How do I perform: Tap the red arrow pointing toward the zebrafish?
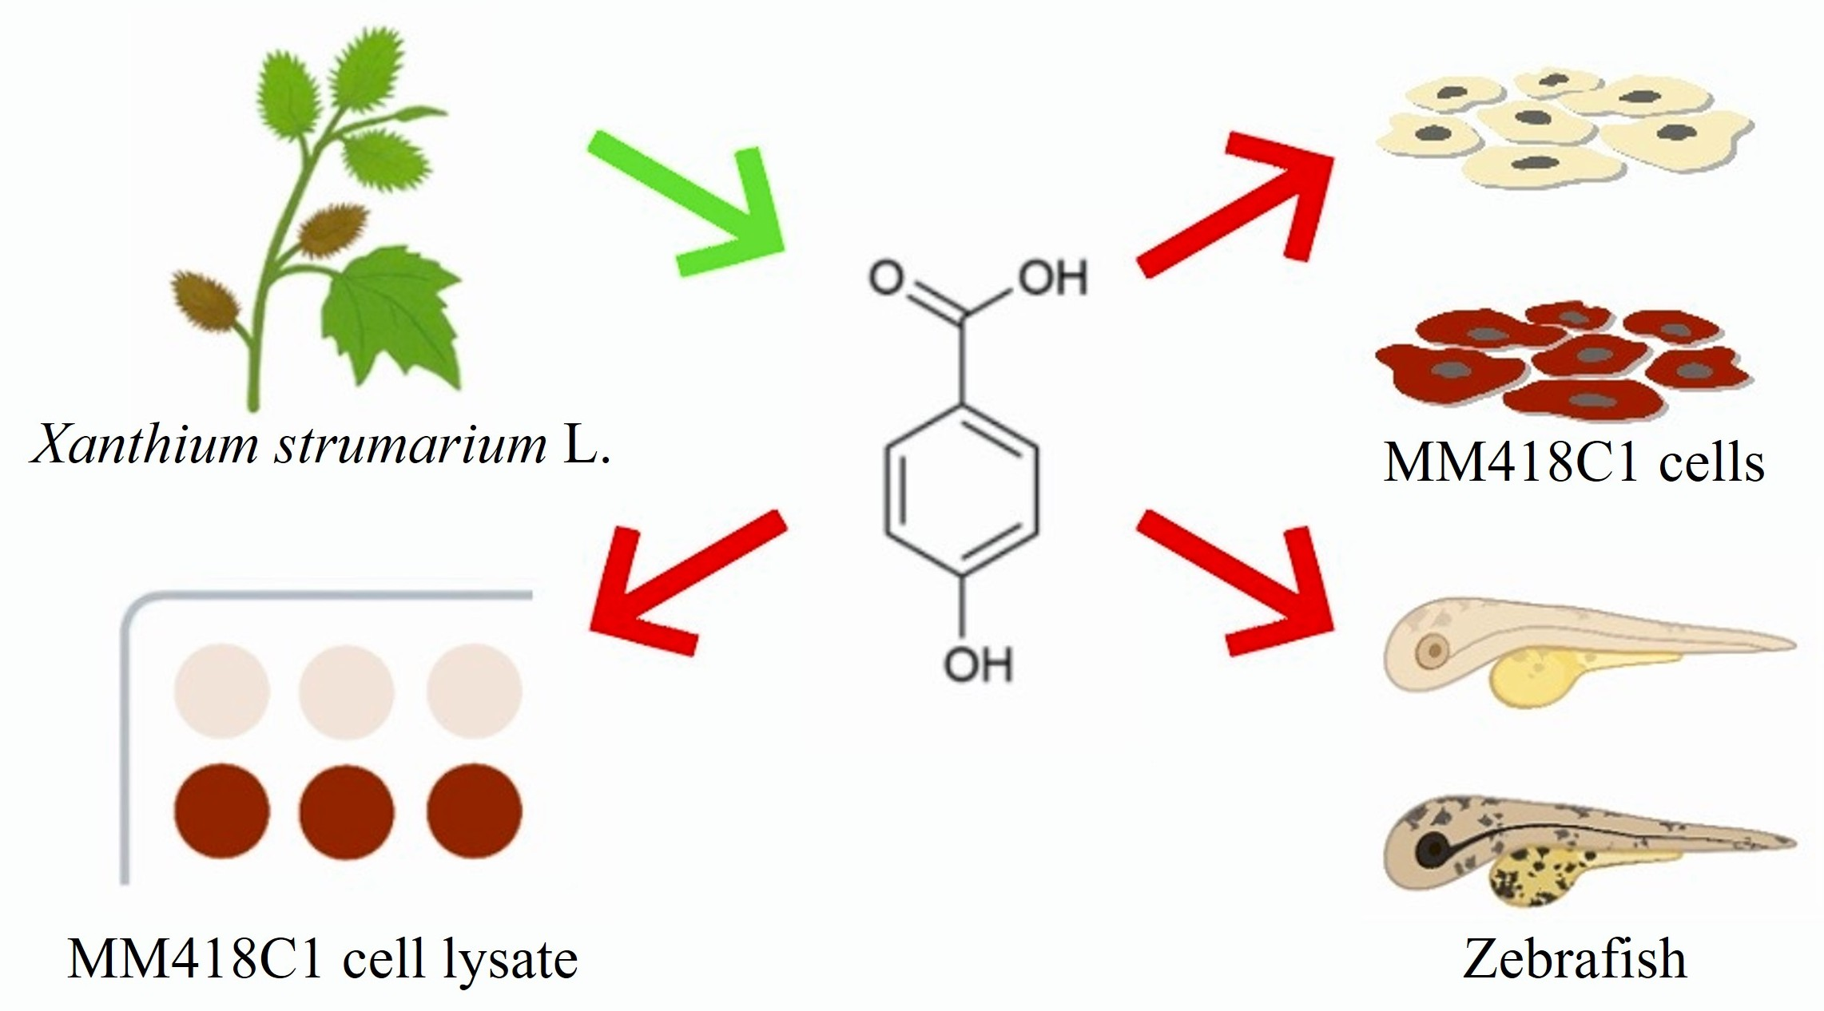[1238, 583]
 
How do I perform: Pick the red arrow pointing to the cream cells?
[1238, 204]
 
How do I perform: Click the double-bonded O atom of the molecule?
[886, 279]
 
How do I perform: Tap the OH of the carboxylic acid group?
[1053, 279]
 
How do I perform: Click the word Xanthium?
[144, 444]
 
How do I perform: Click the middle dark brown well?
[347, 811]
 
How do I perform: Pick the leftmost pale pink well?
[222, 691]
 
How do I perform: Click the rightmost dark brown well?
[474, 811]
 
